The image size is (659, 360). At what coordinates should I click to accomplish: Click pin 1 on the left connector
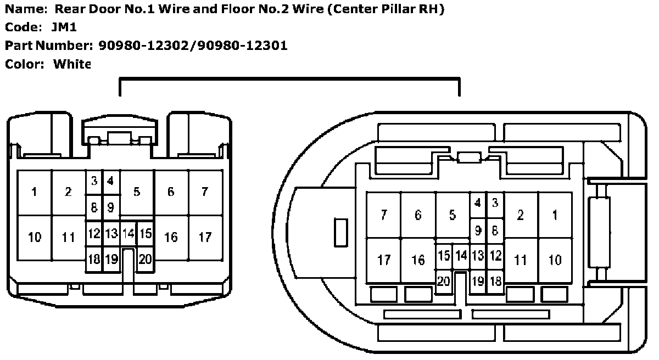click(35, 192)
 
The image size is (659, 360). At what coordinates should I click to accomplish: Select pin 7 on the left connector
click(205, 192)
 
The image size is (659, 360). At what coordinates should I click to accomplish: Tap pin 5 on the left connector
click(137, 192)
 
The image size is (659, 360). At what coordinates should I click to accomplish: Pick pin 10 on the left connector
click(35, 237)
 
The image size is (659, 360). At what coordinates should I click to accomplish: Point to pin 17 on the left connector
click(205, 237)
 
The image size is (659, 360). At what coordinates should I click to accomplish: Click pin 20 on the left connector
click(145, 260)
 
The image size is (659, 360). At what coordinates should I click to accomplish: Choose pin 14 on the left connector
click(128, 234)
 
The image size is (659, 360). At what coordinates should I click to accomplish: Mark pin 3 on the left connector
click(94, 181)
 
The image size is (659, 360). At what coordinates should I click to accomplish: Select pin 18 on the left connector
click(94, 260)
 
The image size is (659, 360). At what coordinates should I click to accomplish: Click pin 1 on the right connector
click(555, 215)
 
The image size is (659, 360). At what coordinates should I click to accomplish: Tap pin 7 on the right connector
click(384, 215)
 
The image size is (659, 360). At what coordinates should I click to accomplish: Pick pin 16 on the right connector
click(418, 260)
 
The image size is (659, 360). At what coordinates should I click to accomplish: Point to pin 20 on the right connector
click(444, 281)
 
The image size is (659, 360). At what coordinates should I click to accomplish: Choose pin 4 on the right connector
click(478, 203)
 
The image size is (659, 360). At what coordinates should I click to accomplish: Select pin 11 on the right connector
click(521, 260)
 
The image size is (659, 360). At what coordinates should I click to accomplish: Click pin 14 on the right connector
click(461, 256)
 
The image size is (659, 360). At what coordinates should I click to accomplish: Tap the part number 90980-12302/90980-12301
click(193, 45)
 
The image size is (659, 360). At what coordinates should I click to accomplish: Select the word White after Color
click(71, 64)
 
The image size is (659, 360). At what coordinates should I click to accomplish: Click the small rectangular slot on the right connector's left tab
click(341, 233)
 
